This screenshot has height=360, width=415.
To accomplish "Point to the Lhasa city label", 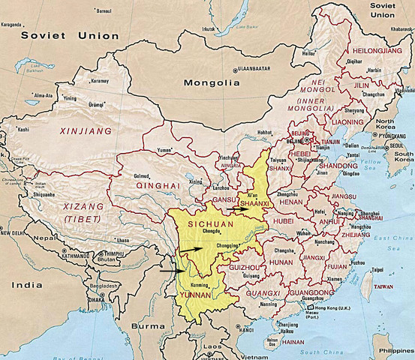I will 123,240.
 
